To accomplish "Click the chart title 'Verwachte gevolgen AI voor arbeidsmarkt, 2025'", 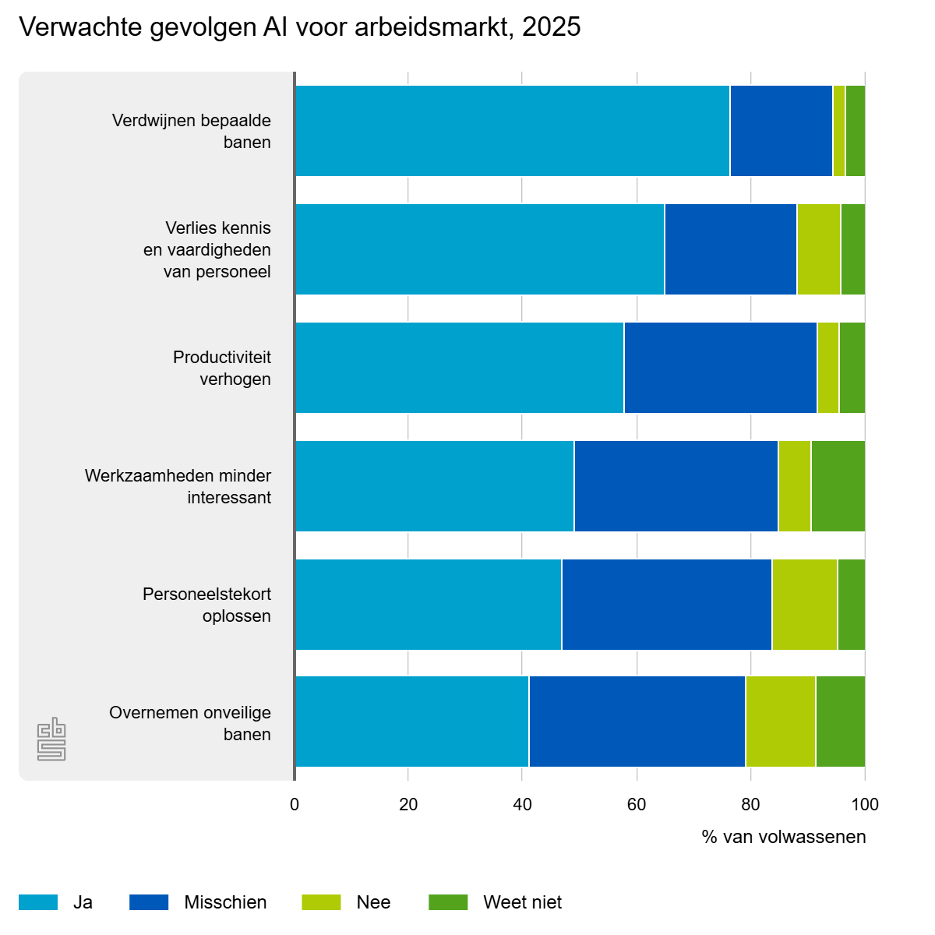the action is (x=299, y=26).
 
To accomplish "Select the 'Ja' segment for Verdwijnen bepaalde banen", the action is (x=513, y=131).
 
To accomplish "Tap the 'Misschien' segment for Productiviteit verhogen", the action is (x=721, y=368).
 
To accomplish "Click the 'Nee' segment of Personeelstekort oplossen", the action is (x=804, y=605).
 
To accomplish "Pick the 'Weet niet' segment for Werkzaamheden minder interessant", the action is (x=838, y=486).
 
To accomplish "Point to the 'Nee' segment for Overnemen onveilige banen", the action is (x=781, y=722).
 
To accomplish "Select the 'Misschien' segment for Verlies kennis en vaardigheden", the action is (x=731, y=249).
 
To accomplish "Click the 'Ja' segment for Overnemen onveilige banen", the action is (x=412, y=722).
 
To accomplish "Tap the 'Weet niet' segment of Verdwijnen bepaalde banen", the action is (x=856, y=131).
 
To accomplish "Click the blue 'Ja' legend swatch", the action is (x=38, y=902).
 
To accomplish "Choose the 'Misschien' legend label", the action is (x=226, y=902).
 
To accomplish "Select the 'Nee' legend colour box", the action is (x=321, y=902).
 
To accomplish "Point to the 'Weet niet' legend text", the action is (x=523, y=902).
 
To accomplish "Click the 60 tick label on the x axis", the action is (x=637, y=805).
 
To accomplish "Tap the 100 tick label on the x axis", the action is (x=865, y=805).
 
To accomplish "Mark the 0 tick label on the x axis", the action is (x=295, y=805).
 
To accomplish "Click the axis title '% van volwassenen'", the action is (x=784, y=837).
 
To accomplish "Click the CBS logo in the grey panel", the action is (x=51, y=739).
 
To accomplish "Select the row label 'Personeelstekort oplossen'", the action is (x=206, y=605).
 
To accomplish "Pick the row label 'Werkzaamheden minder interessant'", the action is (x=178, y=487).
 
